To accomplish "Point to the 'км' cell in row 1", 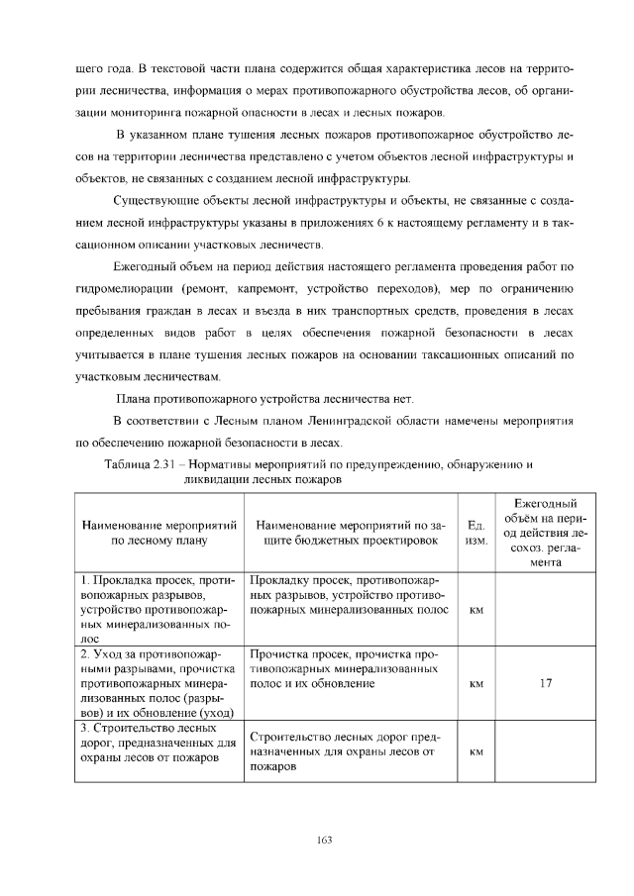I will [x=475, y=610].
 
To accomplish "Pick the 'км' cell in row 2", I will [x=475, y=682].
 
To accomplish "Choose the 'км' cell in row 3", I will [x=475, y=751].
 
